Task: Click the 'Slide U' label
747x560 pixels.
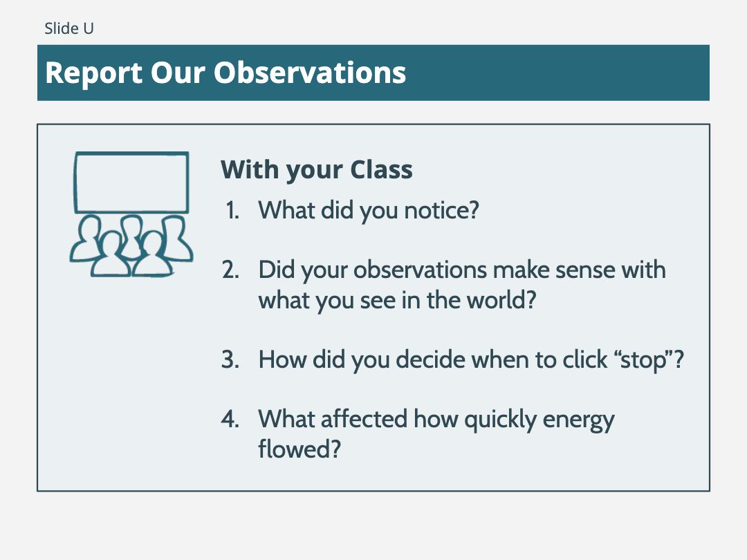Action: pyautogui.click(x=69, y=28)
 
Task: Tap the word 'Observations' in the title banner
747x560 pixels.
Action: pyautogui.click(x=310, y=73)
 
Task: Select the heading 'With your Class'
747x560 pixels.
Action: pyautogui.click(x=316, y=170)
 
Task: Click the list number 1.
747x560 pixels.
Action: pyautogui.click(x=232, y=210)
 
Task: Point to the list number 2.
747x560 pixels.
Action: pyautogui.click(x=230, y=270)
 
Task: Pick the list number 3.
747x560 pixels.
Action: pyautogui.click(x=230, y=360)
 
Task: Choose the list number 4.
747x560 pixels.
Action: pyautogui.click(x=230, y=419)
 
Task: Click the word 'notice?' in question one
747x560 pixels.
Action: pyautogui.click(x=441, y=210)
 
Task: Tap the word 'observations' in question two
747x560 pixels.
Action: pyautogui.click(x=420, y=270)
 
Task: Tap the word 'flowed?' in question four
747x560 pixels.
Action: pyautogui.click(x=299, y=449)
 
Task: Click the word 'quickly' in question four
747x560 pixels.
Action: pyautogui.click(x=500, y=420)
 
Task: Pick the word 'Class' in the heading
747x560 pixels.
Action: pyautogui.click(x=381, y=169)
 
